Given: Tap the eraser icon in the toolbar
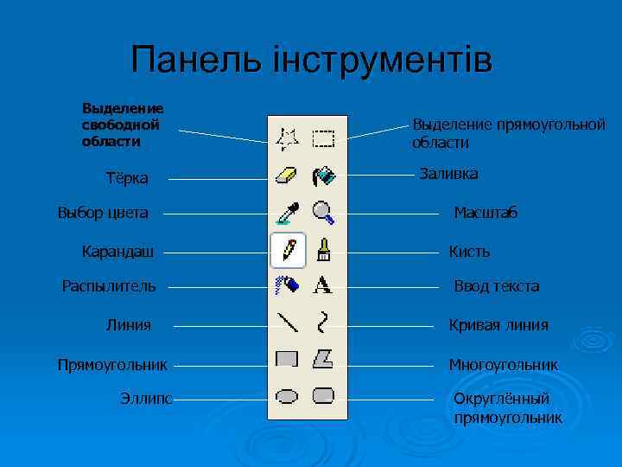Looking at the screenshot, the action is pos(287,176).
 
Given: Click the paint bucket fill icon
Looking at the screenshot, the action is pos(324,176).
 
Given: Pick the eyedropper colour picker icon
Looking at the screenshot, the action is pos(287,211).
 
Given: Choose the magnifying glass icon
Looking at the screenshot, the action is pos(324,211).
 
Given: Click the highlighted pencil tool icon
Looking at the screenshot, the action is pos(288,250).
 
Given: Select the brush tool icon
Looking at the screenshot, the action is pos(324,250).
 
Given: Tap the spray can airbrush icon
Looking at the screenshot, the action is pos(287,285).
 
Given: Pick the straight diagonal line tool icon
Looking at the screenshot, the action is pos(287,323).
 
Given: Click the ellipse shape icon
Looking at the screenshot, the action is pos(287,396).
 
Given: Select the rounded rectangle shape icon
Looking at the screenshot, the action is pos(324,396).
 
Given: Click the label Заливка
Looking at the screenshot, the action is pos(448,175).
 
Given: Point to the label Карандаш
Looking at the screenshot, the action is pos(118,252).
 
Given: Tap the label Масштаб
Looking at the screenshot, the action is pos(486,213).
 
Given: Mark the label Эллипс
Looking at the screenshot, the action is pos(146,398).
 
